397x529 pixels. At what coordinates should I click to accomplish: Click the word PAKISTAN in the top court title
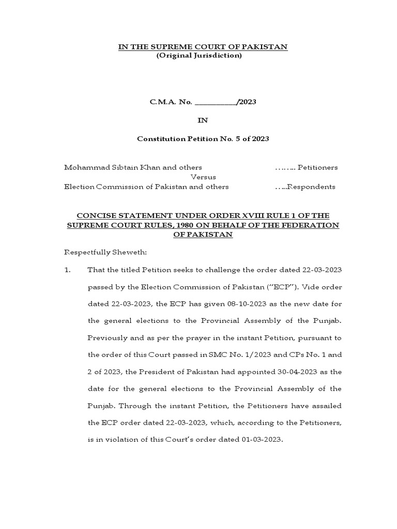click(265, 47)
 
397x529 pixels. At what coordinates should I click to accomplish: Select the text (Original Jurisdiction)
click(199, 55)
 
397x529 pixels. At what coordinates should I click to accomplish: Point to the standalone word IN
click(203, 120)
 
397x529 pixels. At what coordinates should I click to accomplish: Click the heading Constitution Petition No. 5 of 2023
click(203, 139)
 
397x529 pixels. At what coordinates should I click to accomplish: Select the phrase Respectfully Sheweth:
click(105, 252)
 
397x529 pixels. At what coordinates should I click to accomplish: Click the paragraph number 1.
click(67, 270)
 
